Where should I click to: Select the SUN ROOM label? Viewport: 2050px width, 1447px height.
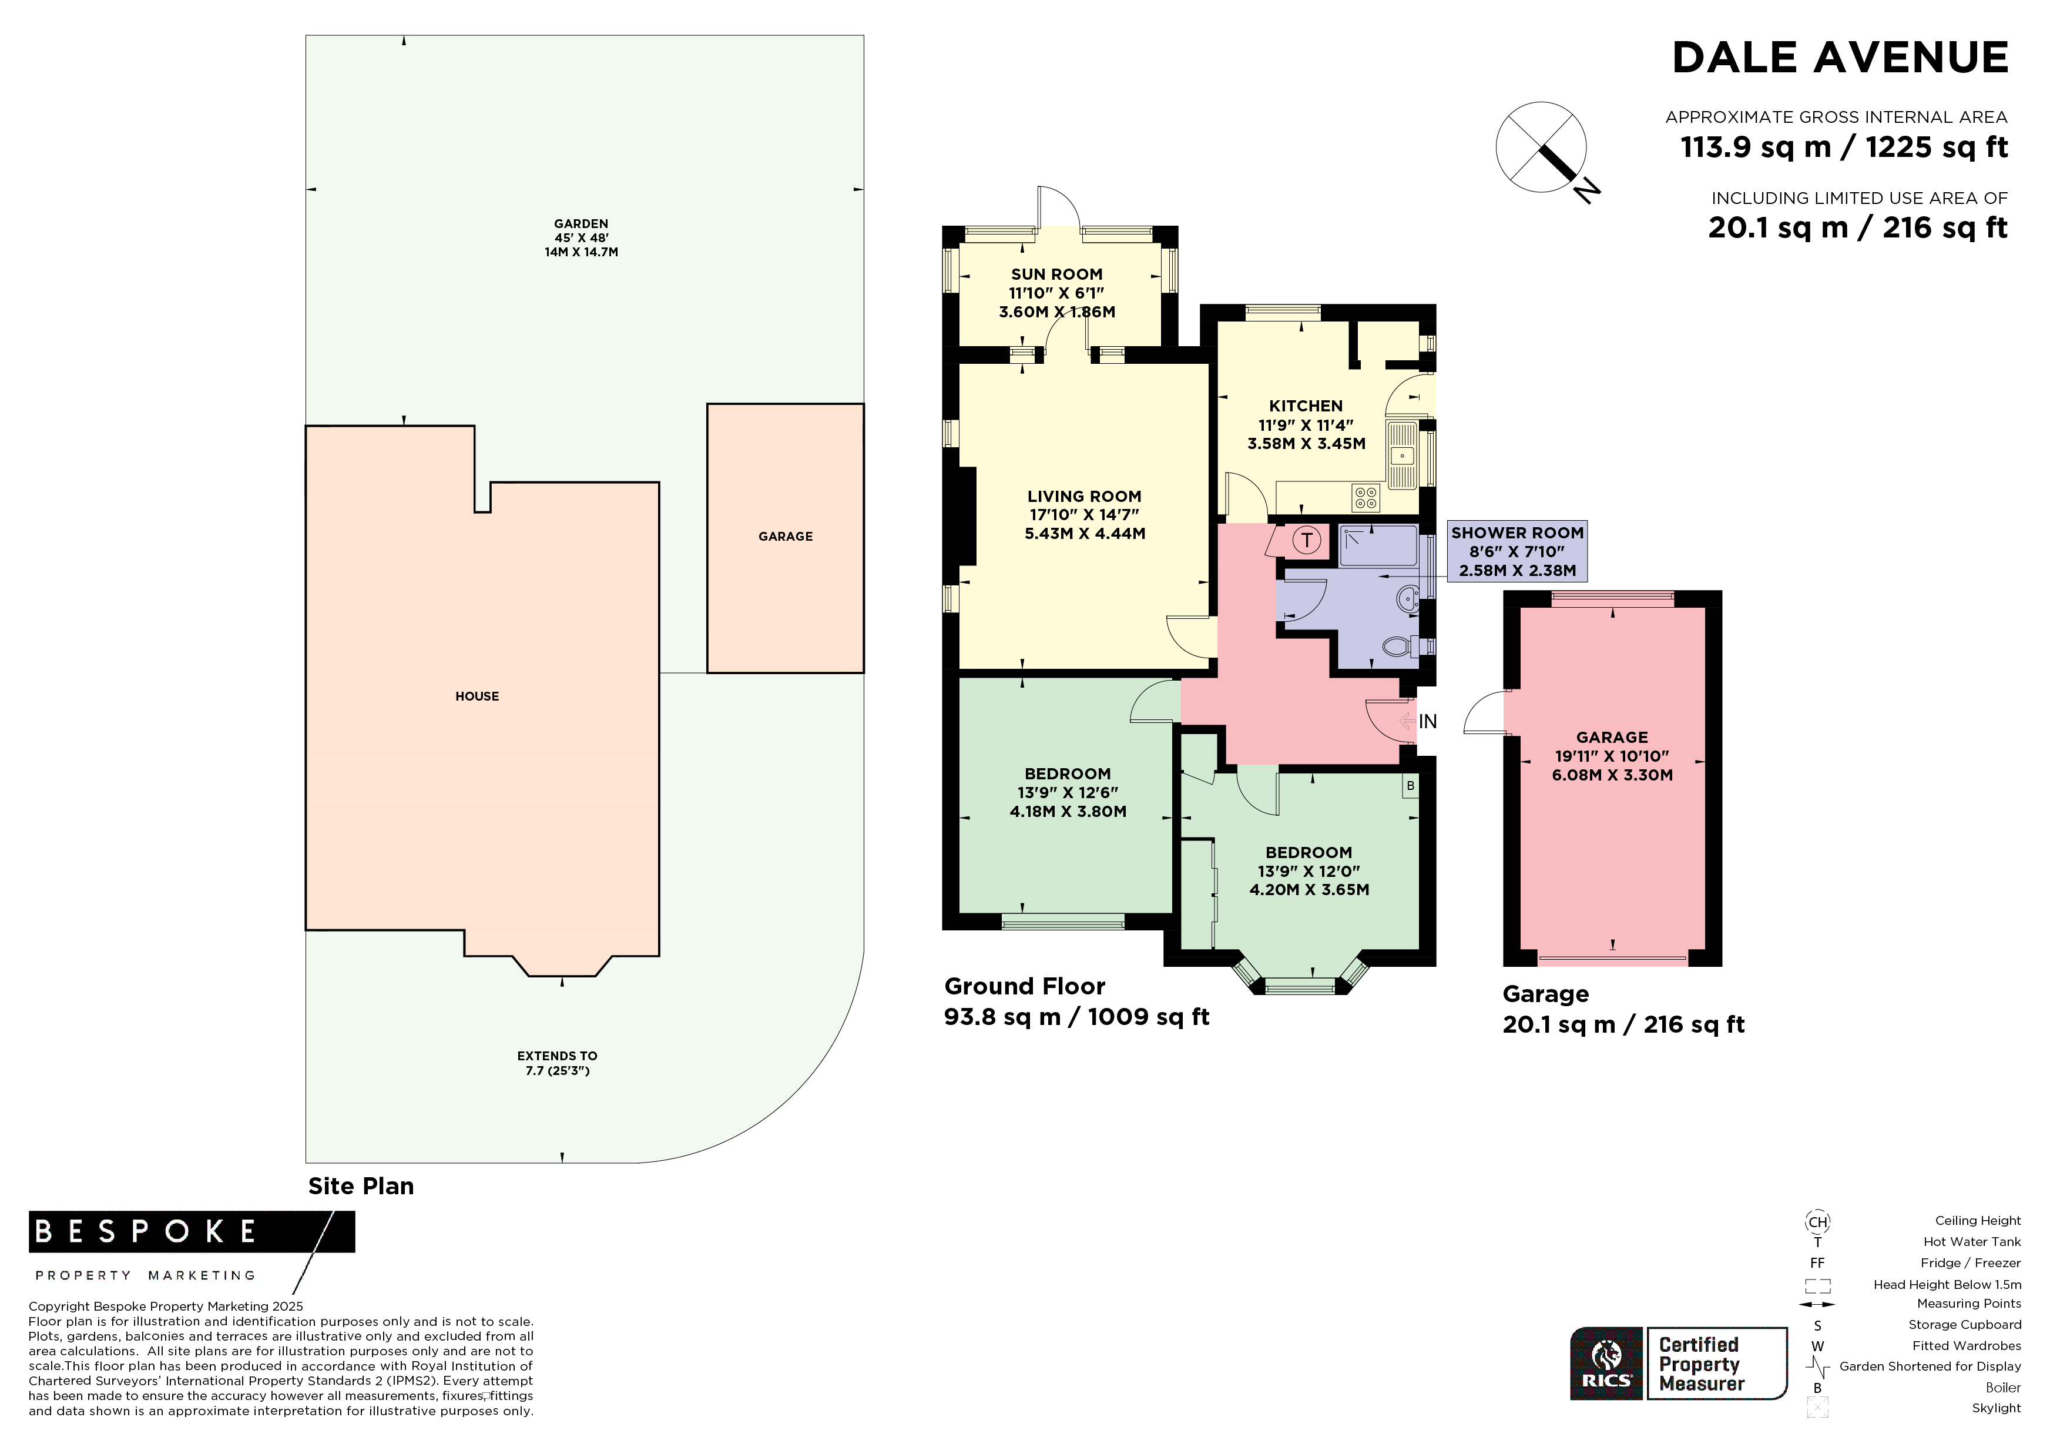point(1056,275)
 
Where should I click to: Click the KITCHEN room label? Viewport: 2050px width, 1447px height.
point(1306,406)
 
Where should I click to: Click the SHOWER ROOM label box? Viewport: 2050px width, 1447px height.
point(1517,551)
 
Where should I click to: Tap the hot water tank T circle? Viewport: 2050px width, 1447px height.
point(1307,540)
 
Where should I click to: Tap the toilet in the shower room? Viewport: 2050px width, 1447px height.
point(1398,646)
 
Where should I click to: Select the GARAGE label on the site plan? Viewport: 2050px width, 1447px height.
point(786,537)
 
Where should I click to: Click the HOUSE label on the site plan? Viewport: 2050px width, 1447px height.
point(477,696)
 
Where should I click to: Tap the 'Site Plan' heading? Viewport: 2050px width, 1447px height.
point(361,1186)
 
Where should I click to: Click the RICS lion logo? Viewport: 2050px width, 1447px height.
point(1607,1363)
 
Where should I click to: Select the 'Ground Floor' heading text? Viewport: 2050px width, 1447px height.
point(1025,987)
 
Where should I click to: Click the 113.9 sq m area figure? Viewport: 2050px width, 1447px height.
point(1756,148)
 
